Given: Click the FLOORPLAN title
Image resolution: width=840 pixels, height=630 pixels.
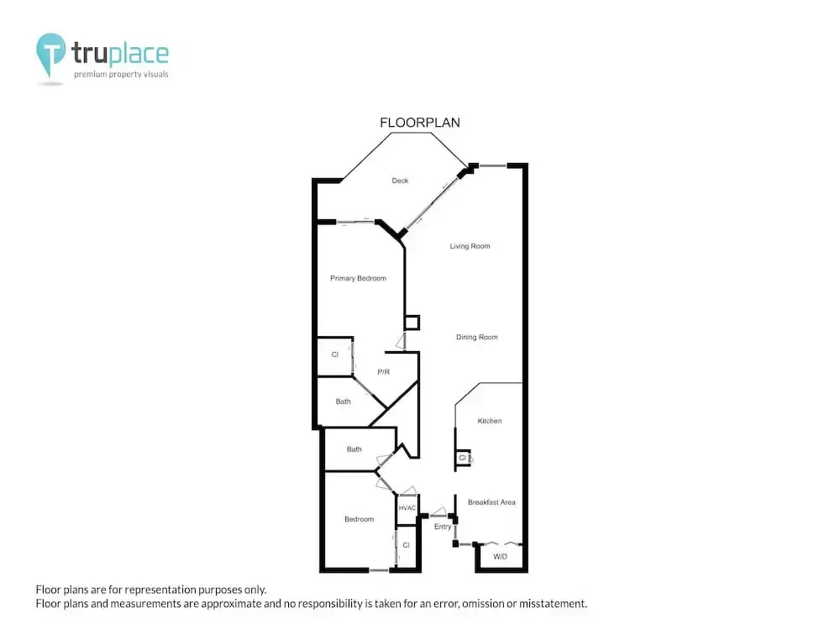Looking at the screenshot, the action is (x=419, y=123).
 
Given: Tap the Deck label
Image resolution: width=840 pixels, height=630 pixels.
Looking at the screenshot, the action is (x=400, y=181).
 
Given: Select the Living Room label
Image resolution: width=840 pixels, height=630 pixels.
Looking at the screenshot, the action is (x=470, y=246).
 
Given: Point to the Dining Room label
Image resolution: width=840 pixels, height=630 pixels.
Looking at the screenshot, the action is (x=477, y=337).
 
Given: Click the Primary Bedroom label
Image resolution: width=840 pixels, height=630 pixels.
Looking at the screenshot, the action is (x=358, y=278).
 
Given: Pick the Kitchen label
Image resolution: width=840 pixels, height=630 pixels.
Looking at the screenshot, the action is (x=490, y=421).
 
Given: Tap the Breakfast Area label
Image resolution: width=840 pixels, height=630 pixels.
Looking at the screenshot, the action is (x=491, y=502).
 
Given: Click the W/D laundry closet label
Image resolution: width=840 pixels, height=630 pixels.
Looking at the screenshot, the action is (x=501, y=557).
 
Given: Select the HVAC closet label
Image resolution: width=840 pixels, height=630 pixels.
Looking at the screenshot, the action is (x=407, y=508).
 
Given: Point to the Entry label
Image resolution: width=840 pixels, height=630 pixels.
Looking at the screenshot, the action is (x=443, y=527).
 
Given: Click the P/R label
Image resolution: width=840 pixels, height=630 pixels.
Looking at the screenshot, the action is (x=384, y=372).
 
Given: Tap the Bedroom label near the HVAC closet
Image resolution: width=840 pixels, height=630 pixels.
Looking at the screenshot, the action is (x=359, y=519).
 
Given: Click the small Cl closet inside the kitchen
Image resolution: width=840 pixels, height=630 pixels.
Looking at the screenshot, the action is (x=462, y=458).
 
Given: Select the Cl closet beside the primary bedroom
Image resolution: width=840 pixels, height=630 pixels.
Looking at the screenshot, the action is (x=335, y=354).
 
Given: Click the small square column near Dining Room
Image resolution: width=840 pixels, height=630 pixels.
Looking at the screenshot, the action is (x=412, y=323).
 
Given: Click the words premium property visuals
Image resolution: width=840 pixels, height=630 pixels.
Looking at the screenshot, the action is (x=121, y=74).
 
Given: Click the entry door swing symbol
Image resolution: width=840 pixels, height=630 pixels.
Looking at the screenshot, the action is (x=438, y=512).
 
